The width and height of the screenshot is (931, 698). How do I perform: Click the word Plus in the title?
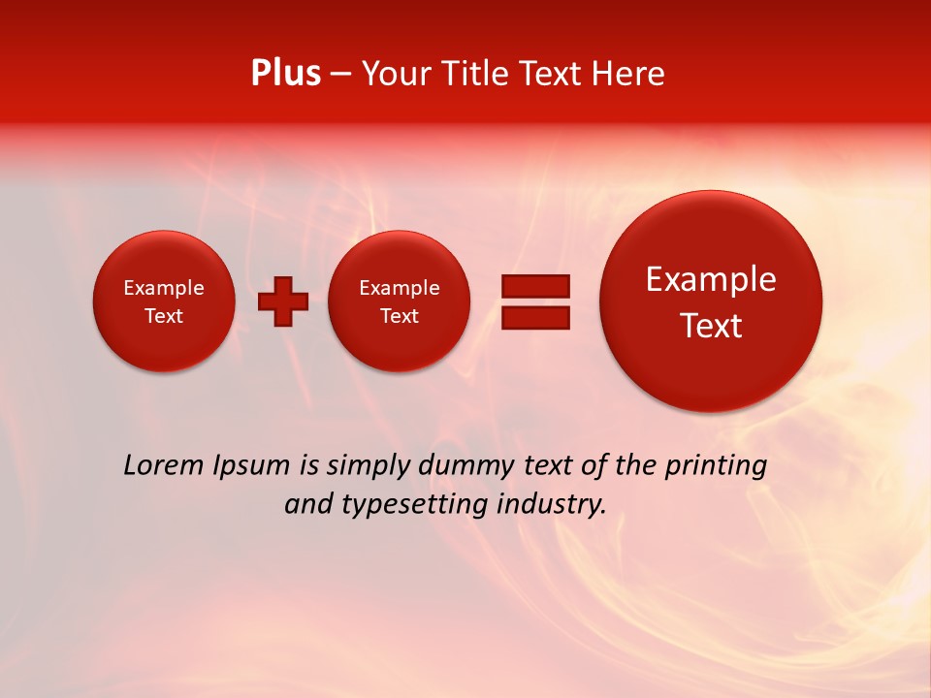(x=285, y=74)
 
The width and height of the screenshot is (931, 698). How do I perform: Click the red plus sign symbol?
(x=283, y=301)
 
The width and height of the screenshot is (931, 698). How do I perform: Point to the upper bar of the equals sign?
(x=535, y=286)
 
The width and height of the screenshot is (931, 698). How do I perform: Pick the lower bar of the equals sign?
(x=535, y=317)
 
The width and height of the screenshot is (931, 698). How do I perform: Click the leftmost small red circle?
(x=164, y=301)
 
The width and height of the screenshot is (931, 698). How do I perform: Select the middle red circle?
(x=400, y=301)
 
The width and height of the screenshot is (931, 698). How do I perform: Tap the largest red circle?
(x=711, y=301)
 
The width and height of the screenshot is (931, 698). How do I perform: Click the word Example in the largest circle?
(x=711, y=279)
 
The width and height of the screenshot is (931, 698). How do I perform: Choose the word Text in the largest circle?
(x=711, y=326)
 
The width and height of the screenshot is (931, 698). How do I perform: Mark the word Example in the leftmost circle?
(x=164, y=288)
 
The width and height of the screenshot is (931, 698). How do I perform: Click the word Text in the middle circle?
(x=400, y=316)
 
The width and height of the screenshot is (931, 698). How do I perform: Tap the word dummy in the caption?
(x=465, y=466)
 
